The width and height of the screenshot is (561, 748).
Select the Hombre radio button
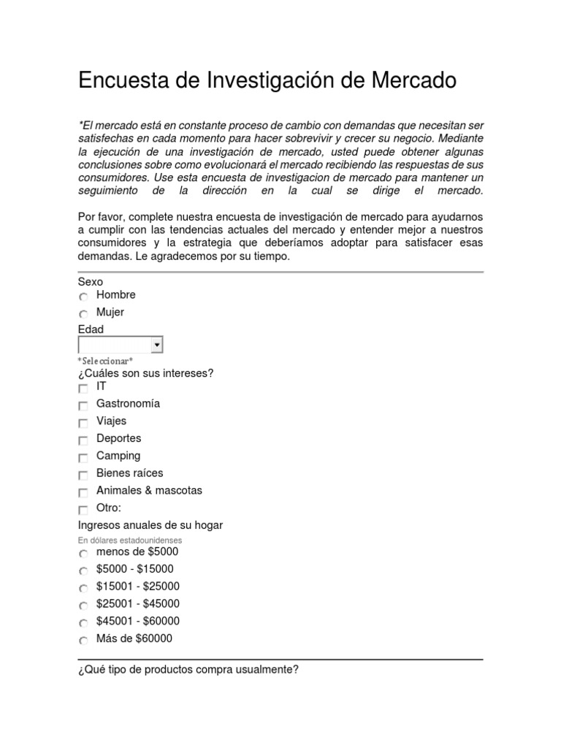click(83, 297)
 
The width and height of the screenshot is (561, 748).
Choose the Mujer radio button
click(83, 314)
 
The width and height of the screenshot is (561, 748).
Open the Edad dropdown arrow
click(156, 345)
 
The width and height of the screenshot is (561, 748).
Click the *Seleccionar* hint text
click(105, 361)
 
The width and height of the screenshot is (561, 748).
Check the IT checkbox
click(83, 389)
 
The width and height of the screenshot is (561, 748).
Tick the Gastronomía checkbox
click(83, 405)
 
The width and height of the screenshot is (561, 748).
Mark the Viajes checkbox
click(83, 423)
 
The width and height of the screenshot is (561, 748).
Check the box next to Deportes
click(83, 440)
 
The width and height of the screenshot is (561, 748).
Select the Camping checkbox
click(83, 458)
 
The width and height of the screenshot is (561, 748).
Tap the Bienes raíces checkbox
click(83, 476)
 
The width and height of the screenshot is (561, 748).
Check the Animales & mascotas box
click(83, 493)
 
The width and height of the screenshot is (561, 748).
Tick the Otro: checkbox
click(83, 510)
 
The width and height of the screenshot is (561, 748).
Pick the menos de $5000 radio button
click(83, 554)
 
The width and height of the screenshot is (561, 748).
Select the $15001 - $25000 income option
click(83, 588)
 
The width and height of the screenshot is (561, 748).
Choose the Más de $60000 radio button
click(83, 641)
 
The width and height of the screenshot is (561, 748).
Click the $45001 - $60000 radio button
click(83, 623)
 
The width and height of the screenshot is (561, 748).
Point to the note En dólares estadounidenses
click(130, 540)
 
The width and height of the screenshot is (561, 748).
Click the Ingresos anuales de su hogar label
click(150, 525)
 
